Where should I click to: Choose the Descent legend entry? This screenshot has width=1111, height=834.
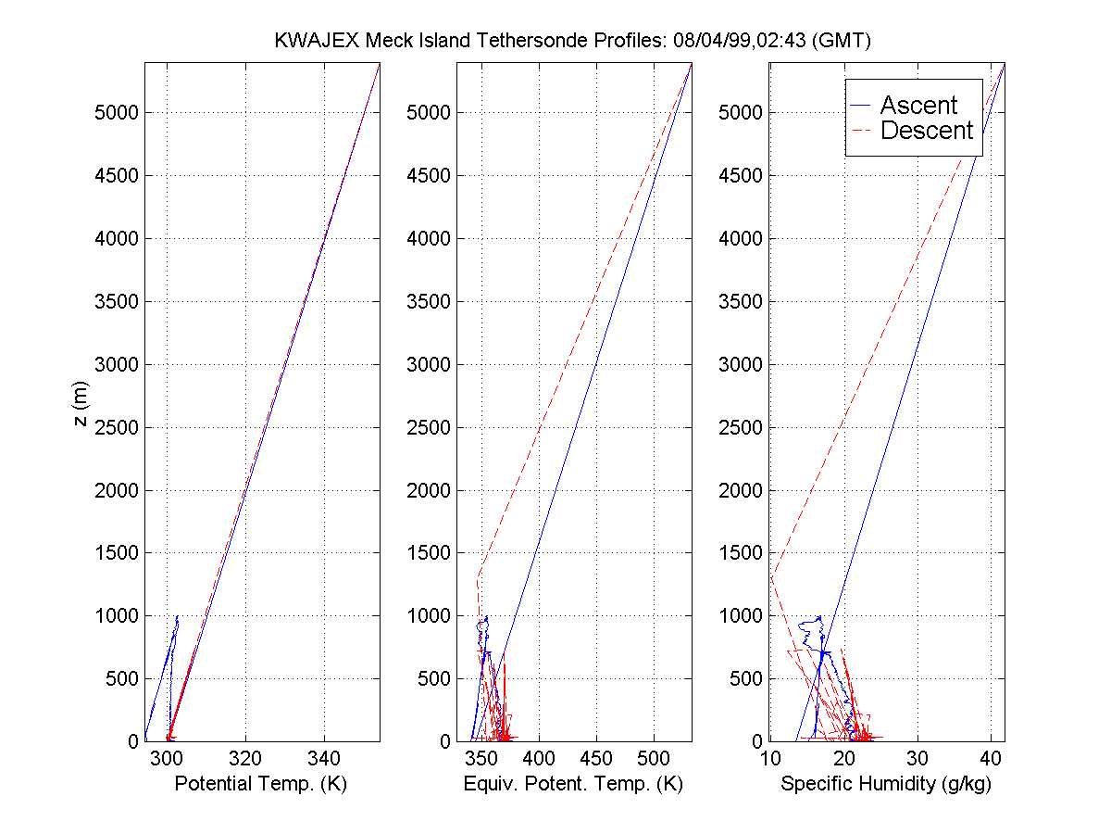927,131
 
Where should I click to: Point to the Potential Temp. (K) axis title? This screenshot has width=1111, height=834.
260,784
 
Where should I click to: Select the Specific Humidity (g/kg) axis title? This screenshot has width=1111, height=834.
886,784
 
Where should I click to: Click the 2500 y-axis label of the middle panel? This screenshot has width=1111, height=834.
428,427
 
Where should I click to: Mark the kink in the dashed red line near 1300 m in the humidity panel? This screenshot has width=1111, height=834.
771,576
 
